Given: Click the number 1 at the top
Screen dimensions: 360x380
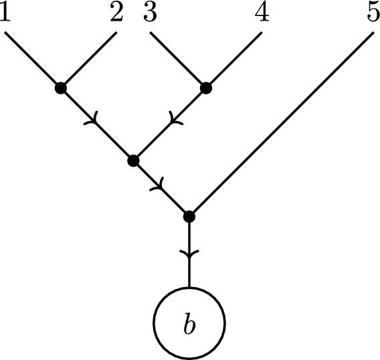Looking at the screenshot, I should pyautogui.click(x=6, y=14).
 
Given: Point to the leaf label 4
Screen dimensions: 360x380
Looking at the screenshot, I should pyautogui.click(x=262, y=14).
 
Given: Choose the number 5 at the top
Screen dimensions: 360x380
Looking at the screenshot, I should pyautogui.click(x=373, y=14).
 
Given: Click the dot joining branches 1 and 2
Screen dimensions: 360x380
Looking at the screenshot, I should pyautogui.click(x=61, y=87).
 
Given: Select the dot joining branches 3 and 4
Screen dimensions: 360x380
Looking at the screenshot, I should pyautogui.click(x=206, y=87).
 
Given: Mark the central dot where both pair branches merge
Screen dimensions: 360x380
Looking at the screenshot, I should pyautogui.click(x=133, y=160).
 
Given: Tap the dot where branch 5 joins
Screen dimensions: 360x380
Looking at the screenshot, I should pyautogui.click(x=189, y=216).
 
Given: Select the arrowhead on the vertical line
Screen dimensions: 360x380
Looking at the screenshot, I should pyautogui.click(x=189, y=255).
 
